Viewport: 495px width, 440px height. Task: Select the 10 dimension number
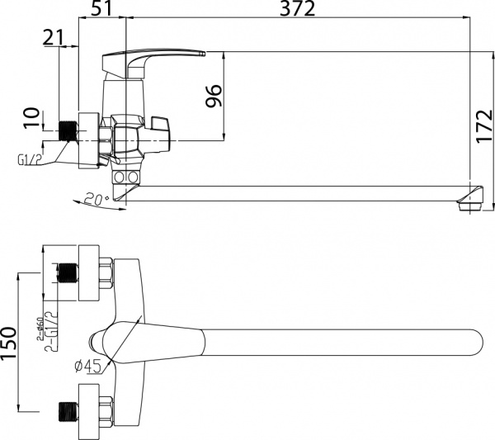coord(31,119)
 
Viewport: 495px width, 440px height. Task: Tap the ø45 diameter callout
coord(88,364)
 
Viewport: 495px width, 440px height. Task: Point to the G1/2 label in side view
coord(29,158)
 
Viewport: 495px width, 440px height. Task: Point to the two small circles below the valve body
coord(126,177)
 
